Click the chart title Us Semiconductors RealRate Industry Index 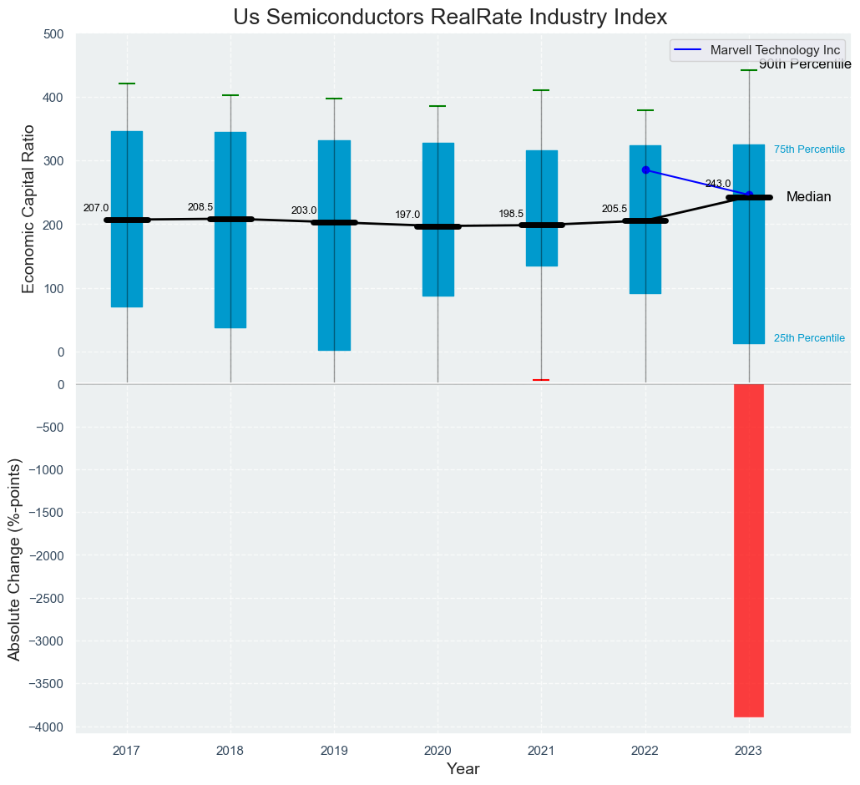click(x=450, y=18)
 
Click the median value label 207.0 click(x=96, y=208)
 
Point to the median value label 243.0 click(x=718, y=184)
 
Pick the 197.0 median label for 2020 click(x=407, y=215)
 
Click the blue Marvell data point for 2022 click(x=645, y=170)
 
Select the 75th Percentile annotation click(x=809, y=149)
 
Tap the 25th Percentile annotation click(x=809, y=338)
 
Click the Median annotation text click(x=808, y=197)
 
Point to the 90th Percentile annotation click(x=805, y=65)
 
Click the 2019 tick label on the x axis click(x=334, y=752)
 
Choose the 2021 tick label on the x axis click(x=541, y=752)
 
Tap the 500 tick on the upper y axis click(x=53, y=34)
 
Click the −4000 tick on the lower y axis click(x=48, y=727)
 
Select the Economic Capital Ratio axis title click(x=28, y=209)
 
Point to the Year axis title click(x=463, y=769)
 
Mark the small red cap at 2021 click(x=541, y=380)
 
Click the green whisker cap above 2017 click(x=127, y=84)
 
